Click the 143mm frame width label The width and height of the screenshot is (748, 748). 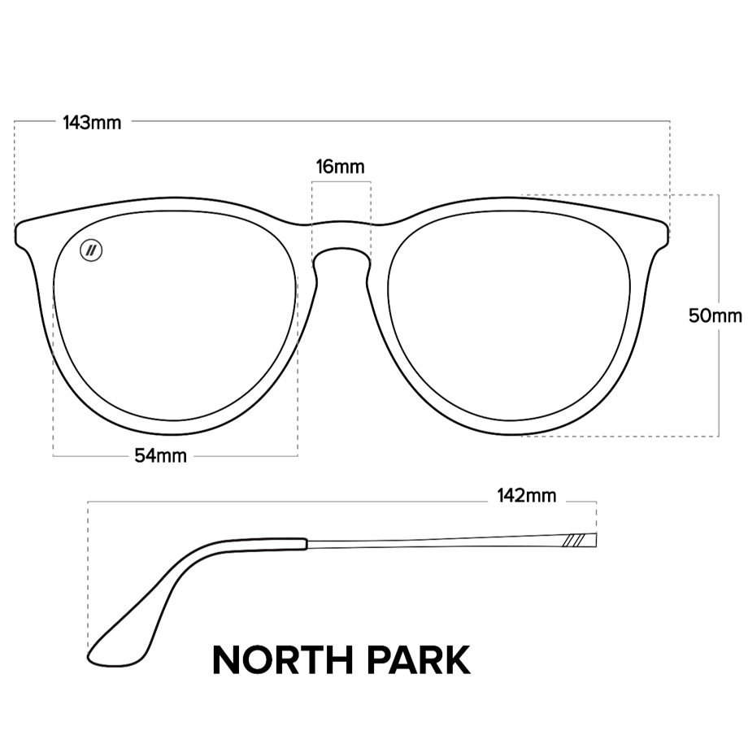(92, 123)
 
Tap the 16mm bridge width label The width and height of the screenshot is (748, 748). (340, 167)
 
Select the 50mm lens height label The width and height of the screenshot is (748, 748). (715, 315)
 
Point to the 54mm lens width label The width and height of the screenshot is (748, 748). (160, 455)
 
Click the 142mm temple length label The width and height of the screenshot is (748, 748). (527, 496)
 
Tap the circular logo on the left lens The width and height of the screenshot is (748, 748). (91, 250)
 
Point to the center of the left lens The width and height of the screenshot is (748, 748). (174, 315)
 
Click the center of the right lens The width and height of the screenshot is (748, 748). (509, 315)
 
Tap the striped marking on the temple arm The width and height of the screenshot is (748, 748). (573, 541)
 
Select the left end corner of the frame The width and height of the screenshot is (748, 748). (17, 234)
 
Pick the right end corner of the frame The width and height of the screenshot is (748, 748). (668, 234)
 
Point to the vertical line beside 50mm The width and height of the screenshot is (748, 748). (719, 315)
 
